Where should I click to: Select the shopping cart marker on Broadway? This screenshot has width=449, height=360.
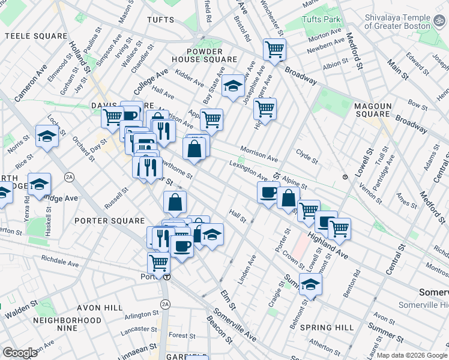tap(274, 49)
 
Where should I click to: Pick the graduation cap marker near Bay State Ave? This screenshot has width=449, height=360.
tap(233, 88)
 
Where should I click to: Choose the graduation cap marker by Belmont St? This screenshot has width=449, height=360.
tap(311, 283)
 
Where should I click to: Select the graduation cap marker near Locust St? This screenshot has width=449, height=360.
tap(47, 136)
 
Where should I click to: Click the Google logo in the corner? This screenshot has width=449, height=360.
tap(20, 353)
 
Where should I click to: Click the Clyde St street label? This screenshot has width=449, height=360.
tap(307, 158)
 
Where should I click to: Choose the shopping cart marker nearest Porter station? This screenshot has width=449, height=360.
tap(158, 262)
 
